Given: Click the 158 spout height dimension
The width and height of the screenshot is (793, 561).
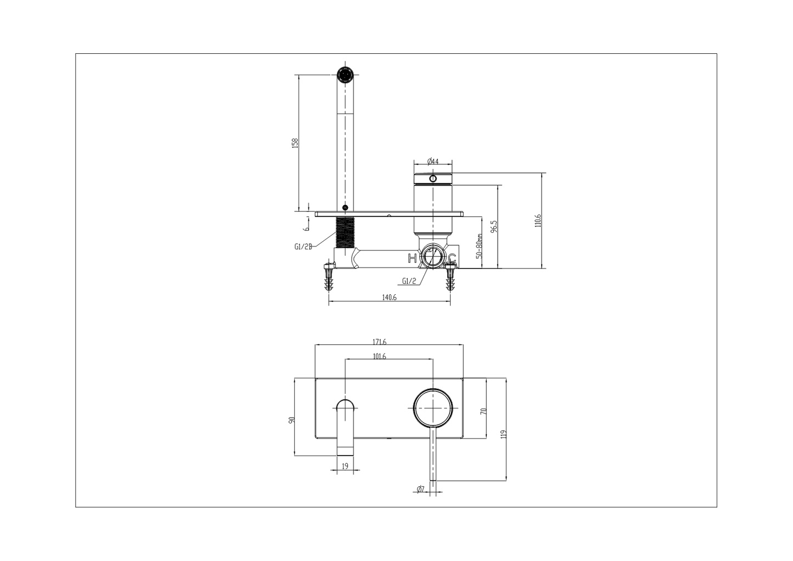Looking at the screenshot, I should pos(295,143).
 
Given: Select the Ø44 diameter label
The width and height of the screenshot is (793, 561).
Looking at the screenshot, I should pos(432,161).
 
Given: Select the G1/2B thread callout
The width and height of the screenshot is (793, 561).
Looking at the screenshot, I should pos(303,246).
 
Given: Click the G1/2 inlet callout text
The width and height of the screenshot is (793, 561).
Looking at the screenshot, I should pos(409,280).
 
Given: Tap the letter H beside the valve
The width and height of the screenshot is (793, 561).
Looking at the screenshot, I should pos(412,258).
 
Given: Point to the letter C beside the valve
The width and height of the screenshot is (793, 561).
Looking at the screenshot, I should pos(452,258).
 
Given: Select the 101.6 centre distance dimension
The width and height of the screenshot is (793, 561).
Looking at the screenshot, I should pos(379,356).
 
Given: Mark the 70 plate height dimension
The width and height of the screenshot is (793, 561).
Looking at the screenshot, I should pos(483,411).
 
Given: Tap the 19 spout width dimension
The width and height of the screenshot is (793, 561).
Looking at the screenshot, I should pos(345,466).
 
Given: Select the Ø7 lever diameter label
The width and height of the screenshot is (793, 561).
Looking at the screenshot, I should pos(420,489).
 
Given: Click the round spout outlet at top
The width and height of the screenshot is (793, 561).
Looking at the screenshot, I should pos(345,74).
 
